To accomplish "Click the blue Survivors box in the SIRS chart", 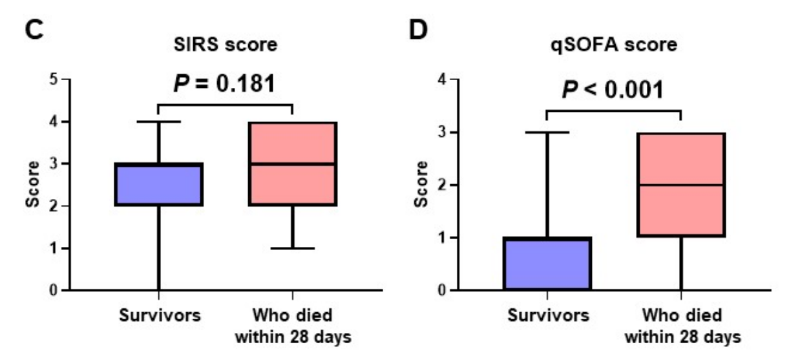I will tap(159, 185).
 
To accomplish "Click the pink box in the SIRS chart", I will tap(293, 164).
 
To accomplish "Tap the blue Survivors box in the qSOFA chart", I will tap(547, 264).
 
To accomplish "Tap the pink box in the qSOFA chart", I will tap(680, 184).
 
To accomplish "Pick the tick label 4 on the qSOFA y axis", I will tap(441, 79).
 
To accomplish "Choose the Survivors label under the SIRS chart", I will tap(160, 317).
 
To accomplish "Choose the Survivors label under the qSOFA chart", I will tap(548, 317).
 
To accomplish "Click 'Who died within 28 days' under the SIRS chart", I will tap(293, 326).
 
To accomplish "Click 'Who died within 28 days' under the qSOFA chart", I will tap(681, 326).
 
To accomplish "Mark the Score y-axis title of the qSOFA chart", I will tap(421, 185).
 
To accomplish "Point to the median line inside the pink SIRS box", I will tap(293, 164).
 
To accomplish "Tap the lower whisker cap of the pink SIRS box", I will tap(293, 248).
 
